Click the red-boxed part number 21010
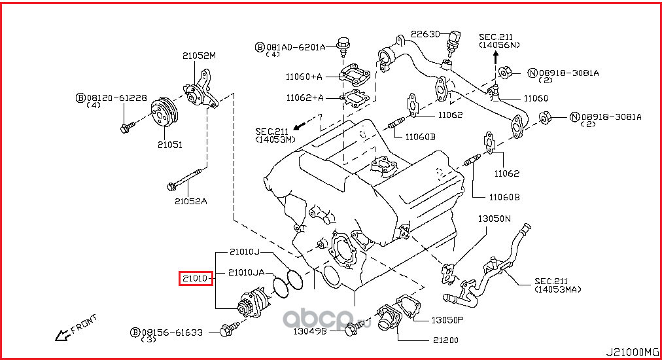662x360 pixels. pos(195,279)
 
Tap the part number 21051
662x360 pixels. pos(168,144)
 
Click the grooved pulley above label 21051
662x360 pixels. pos(161,113)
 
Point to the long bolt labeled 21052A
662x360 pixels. pos(186,181)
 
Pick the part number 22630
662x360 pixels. pos(426,34)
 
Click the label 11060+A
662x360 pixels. pos(304,77)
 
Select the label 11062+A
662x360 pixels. pos(304,98)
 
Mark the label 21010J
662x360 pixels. pos(244,251)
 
